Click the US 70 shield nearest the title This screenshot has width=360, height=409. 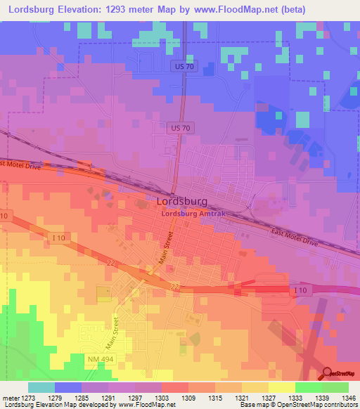click(181, 65)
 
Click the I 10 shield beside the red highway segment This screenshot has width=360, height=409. click(301, 290)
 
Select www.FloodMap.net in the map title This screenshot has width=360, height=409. click(261, 9)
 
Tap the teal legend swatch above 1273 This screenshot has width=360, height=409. click(41, 387)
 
